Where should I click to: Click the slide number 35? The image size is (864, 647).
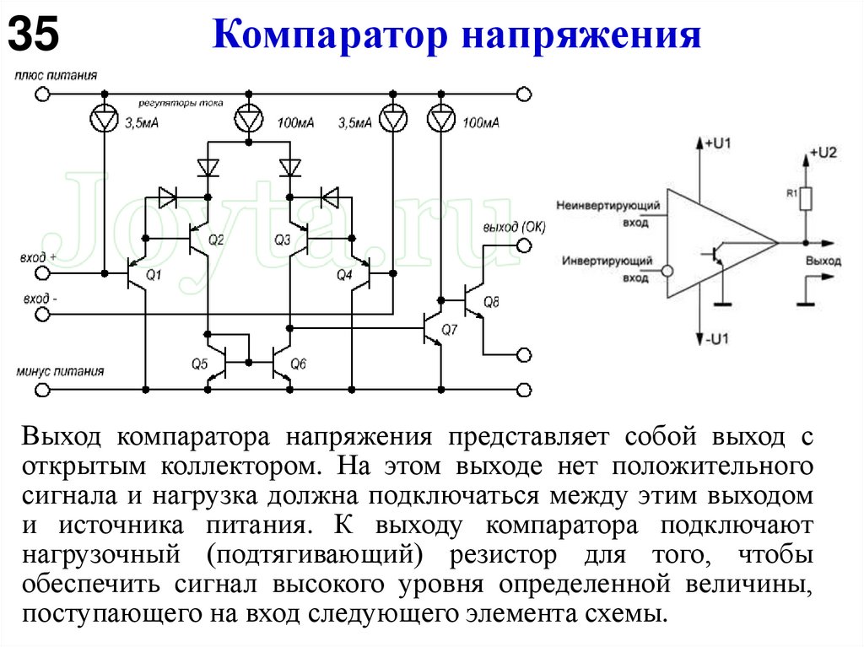(x=35, y=35)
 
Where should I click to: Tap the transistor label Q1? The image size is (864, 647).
(x=153, y=275)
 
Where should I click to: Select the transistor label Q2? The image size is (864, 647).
(x=216, y=241)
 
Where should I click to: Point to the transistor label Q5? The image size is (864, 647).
(x=199, y=364)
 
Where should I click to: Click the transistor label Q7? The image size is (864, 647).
(x=449, y=330)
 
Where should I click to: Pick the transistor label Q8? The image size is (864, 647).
(x=491, y=302)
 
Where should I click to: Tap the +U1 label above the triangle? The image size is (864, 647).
(x=718, y=144)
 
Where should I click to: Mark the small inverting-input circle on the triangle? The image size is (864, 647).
(x=667, y=272)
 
